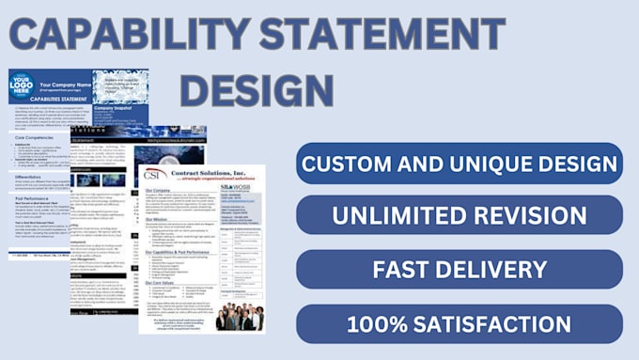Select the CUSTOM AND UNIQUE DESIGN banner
click(x=459, y=164)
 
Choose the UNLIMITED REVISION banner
click(x=459, y=215)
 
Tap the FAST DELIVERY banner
click(x=459, y=270)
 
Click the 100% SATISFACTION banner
click(x=459, y=323)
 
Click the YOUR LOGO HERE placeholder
click(x=22, y=86)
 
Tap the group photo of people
click(x=239, y=317)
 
